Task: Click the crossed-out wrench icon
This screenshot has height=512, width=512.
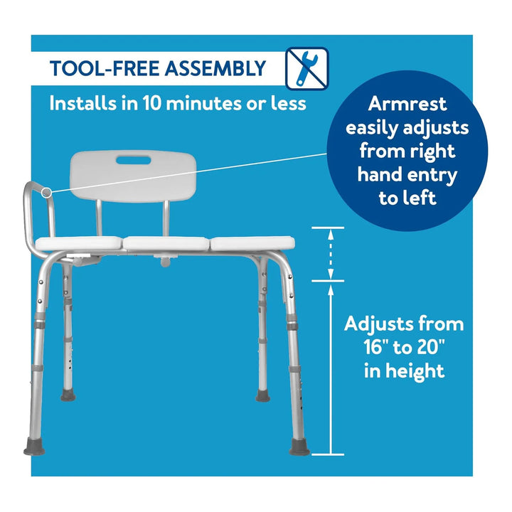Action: (x=307, y=68)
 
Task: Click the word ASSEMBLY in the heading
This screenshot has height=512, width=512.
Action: (x=215, y=68)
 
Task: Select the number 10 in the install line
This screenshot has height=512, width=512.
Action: (x=153, y=104)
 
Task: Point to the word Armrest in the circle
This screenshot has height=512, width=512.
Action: (x=407, y=104)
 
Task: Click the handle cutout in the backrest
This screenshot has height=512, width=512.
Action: (x=134, y=160)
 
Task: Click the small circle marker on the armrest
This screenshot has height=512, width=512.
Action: (x=47, y=193)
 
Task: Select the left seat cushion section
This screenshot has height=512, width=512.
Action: (x=79, y=244)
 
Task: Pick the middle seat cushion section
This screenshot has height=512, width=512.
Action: (x=166, y=244)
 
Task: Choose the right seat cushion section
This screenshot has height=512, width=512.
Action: (x=252, y=244)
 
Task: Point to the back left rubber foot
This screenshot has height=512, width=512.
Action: (x=68, y=396)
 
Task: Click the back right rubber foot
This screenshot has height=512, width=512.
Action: (x=262, y=396)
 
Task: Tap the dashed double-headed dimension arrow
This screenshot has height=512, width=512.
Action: (x=331, y=254)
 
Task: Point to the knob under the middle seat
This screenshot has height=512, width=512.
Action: (x=166, y=261)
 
